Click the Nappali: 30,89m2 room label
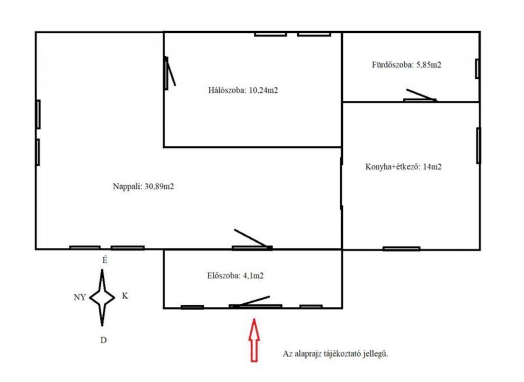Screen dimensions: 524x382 click(x=143, y=186)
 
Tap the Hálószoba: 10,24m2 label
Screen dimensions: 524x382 click(x=243, y=90)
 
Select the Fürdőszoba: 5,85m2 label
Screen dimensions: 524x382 click(x=406, y=64)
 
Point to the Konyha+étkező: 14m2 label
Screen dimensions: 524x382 click(x=403, y=166)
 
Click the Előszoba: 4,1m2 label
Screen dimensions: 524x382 click(x=235, y=276)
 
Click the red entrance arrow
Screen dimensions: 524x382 click(x=254, y=340)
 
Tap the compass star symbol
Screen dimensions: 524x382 click(x=102, y=297)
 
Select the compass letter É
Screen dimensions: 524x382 click(x=105, y=260)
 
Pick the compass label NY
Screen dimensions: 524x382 click(x=80, y=297)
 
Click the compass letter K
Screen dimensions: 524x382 click(x=125, y=296)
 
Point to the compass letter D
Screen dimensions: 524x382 click(x=103, y=340)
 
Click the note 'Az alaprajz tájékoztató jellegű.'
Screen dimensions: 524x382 click(x=336, y=353)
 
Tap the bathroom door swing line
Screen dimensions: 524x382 click(x=421, y=95)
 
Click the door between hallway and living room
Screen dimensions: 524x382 click(x=252, y=239)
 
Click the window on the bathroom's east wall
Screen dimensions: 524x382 click(x=477, y=69)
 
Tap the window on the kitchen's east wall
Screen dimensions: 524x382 click(x=478, y=146)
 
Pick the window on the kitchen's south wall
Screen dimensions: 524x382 click(x=401, y=249)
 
